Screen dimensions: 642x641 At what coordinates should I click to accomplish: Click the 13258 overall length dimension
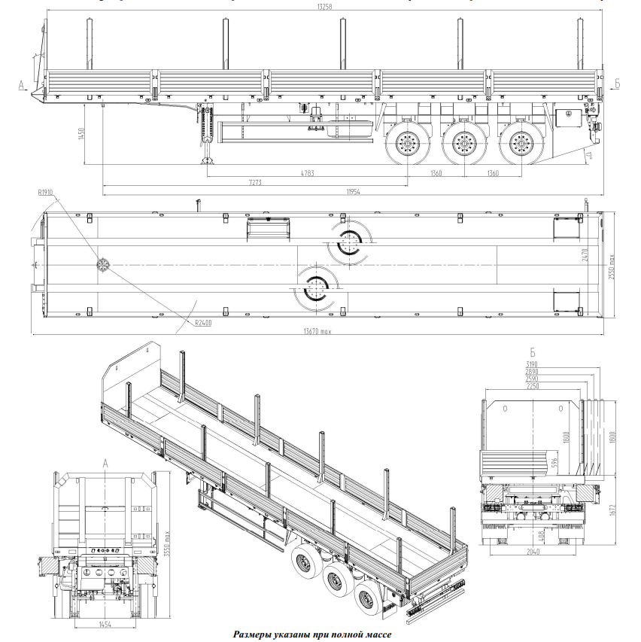click(325, 6)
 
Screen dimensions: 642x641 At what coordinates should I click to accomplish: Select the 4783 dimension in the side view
click(306, 173)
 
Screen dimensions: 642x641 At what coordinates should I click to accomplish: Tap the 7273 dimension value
click(255, 182)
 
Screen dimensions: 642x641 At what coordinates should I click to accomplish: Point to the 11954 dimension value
click(354, 191)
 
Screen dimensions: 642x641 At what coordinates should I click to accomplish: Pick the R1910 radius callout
click(44, 193)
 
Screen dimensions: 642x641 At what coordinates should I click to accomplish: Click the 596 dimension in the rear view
click(554, 461)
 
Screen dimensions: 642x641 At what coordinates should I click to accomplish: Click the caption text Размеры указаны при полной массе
click(311, 634)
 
